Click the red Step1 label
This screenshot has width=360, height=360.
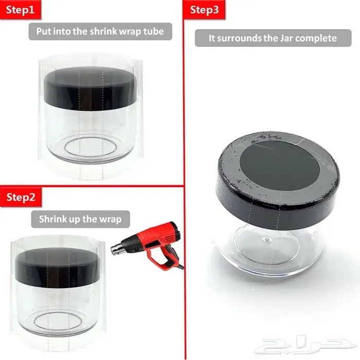click(20, 10)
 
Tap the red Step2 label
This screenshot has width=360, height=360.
click(21, 197)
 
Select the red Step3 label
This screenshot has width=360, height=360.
click(204, 10)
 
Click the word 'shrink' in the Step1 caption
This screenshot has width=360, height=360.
click(103, 31)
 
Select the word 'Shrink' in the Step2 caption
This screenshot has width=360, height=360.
click(53, 219)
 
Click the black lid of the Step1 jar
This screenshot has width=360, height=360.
click(91, 89)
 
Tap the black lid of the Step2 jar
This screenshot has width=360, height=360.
click(58, 268)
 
